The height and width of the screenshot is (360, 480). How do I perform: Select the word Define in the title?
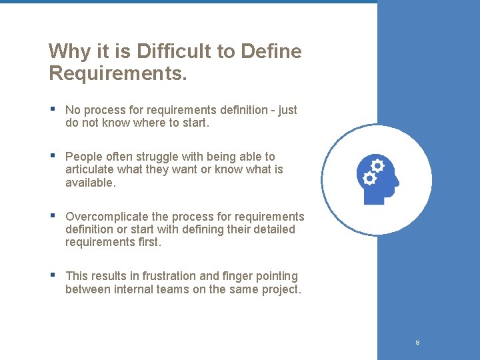273,51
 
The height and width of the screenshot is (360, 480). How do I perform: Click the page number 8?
417,343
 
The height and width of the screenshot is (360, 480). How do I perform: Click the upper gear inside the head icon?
377,165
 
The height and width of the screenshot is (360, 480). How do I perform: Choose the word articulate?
90,169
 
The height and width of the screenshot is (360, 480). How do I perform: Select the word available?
90,182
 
